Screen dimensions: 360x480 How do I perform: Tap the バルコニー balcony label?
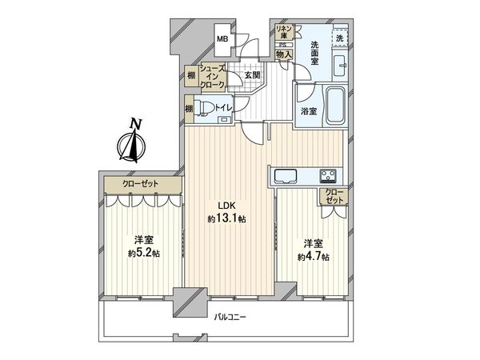[x=230, y=318]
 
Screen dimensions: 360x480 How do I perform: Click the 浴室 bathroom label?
[x=307, y=111]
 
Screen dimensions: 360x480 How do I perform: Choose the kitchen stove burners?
[x=328, y=176]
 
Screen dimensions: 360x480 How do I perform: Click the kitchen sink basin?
[x=285, y=176]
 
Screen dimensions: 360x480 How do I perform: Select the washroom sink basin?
[x=339, y=69]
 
